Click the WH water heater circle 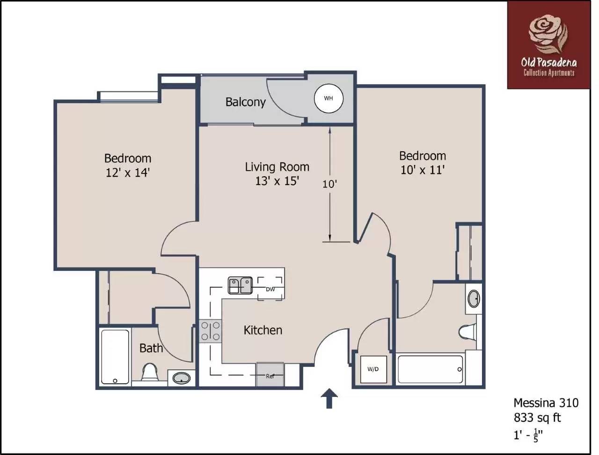click(329, 98)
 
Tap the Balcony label click(245, 102)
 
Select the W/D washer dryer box click(373, 369)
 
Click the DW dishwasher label click(270, 290)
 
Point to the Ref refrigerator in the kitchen click(270, 374)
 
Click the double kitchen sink click(240, 285)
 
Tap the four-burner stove click(210, 331)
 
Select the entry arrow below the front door click(329, 398)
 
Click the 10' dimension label click(329, 184)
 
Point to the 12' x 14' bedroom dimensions click(128, 173)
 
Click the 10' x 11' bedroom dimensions click(423, 170)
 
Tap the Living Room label click(277, 167)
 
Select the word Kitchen click(263, 330)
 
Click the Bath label click(151, 348)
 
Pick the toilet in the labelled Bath click(150, 372)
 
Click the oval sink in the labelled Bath click(182, 379)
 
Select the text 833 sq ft click(537, 418)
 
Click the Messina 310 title click(546, 403)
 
